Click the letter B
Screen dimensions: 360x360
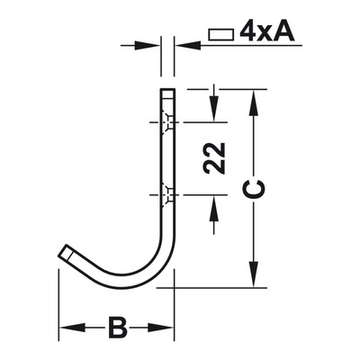[117, 327]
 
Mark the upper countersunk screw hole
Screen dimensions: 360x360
[167, 123]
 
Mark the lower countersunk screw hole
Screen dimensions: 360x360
[167, 193]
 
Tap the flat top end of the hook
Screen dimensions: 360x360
[167, 91]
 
